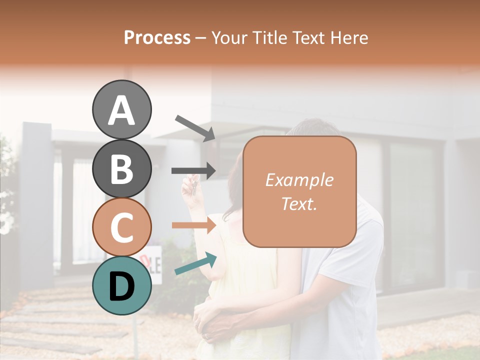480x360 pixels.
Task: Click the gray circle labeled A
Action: [121, 109]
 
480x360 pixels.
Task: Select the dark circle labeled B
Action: [121, 168]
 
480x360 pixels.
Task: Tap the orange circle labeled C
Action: [121, 227]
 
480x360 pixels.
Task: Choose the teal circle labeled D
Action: [121, 285]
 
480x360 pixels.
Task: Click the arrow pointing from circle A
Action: [195, 127]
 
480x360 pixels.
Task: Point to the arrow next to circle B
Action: [193, 170]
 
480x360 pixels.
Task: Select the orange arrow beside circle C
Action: [193, 225]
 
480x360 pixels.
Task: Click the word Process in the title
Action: [157, 37]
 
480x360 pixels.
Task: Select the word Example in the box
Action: [299, 180]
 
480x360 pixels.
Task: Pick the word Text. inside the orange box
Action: [299, 203]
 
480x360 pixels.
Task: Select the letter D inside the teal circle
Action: [121, 286]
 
